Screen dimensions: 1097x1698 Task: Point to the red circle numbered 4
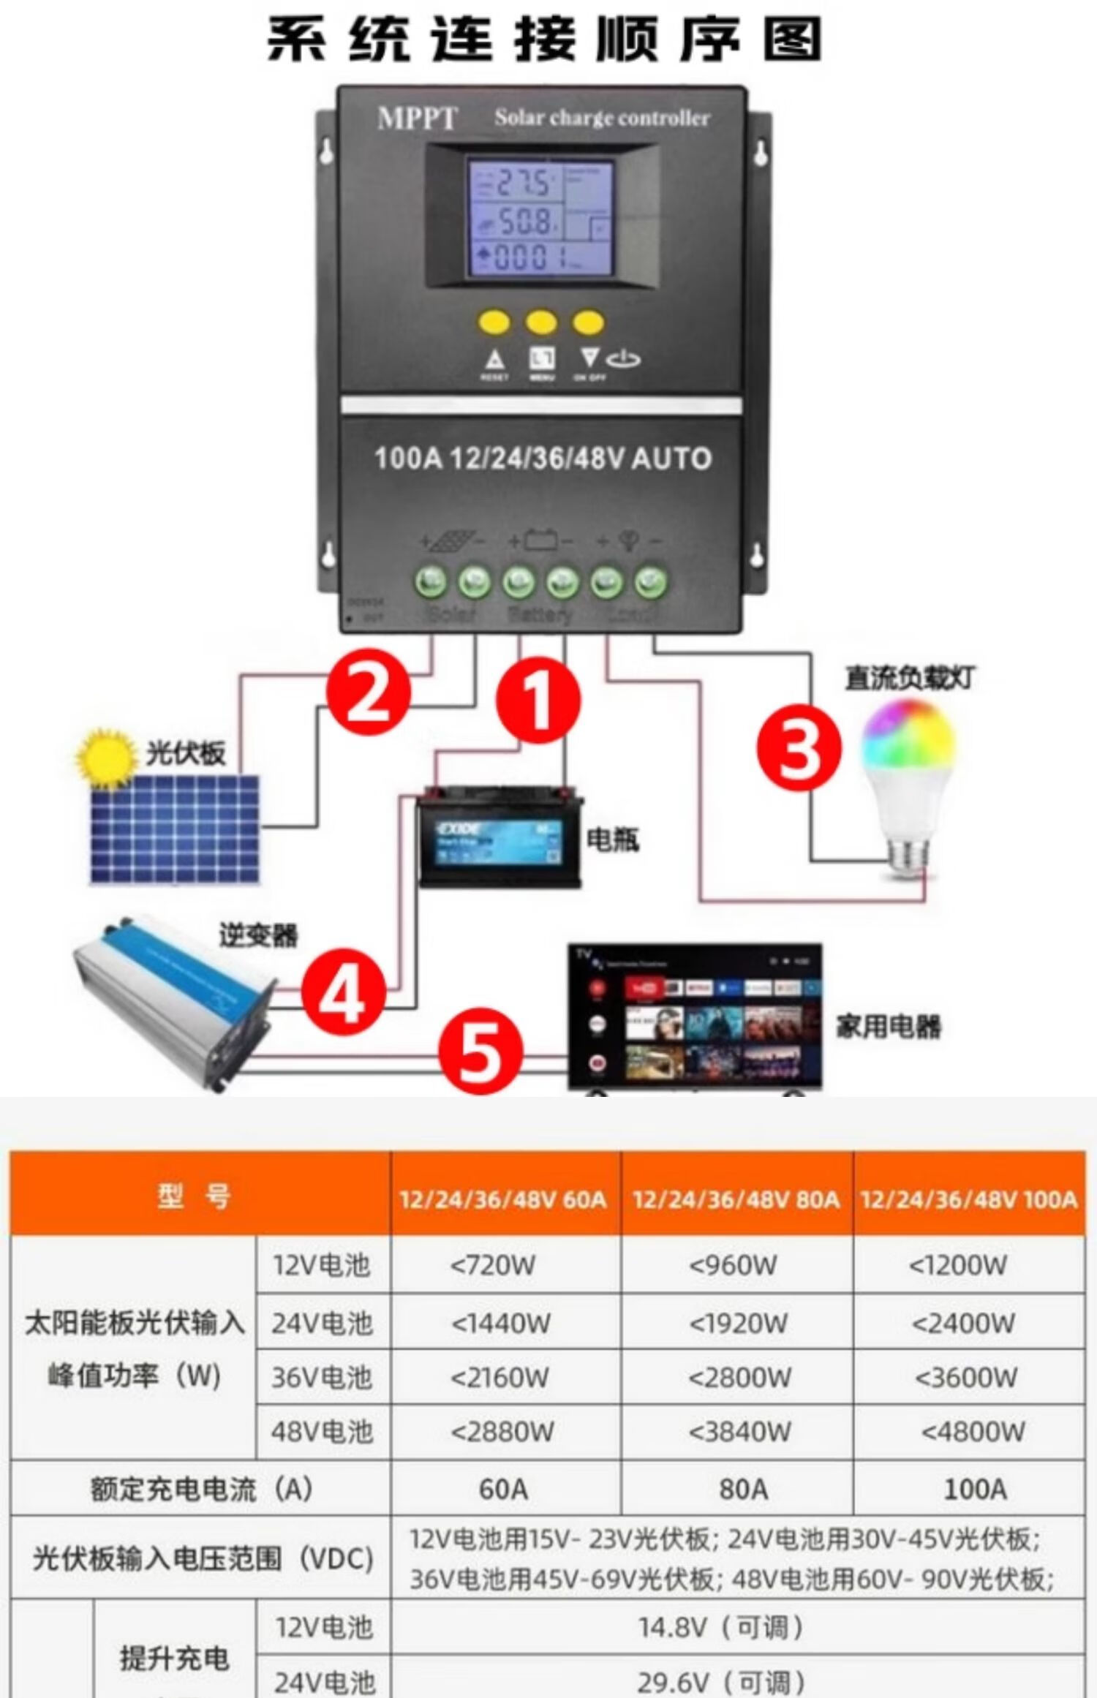pos(343,993)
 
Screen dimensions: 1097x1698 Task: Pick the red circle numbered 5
pos(480,1053)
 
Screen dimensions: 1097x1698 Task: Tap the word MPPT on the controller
pos(417,118)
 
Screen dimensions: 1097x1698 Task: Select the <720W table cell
pos(494,1264)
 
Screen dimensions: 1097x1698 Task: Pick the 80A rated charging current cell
pos(743,1488)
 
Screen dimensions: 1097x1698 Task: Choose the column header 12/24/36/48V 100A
pos(969,1199)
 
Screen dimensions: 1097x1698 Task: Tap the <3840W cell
pos(739,1431)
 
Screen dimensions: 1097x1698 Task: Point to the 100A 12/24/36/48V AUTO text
pos(543,459)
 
